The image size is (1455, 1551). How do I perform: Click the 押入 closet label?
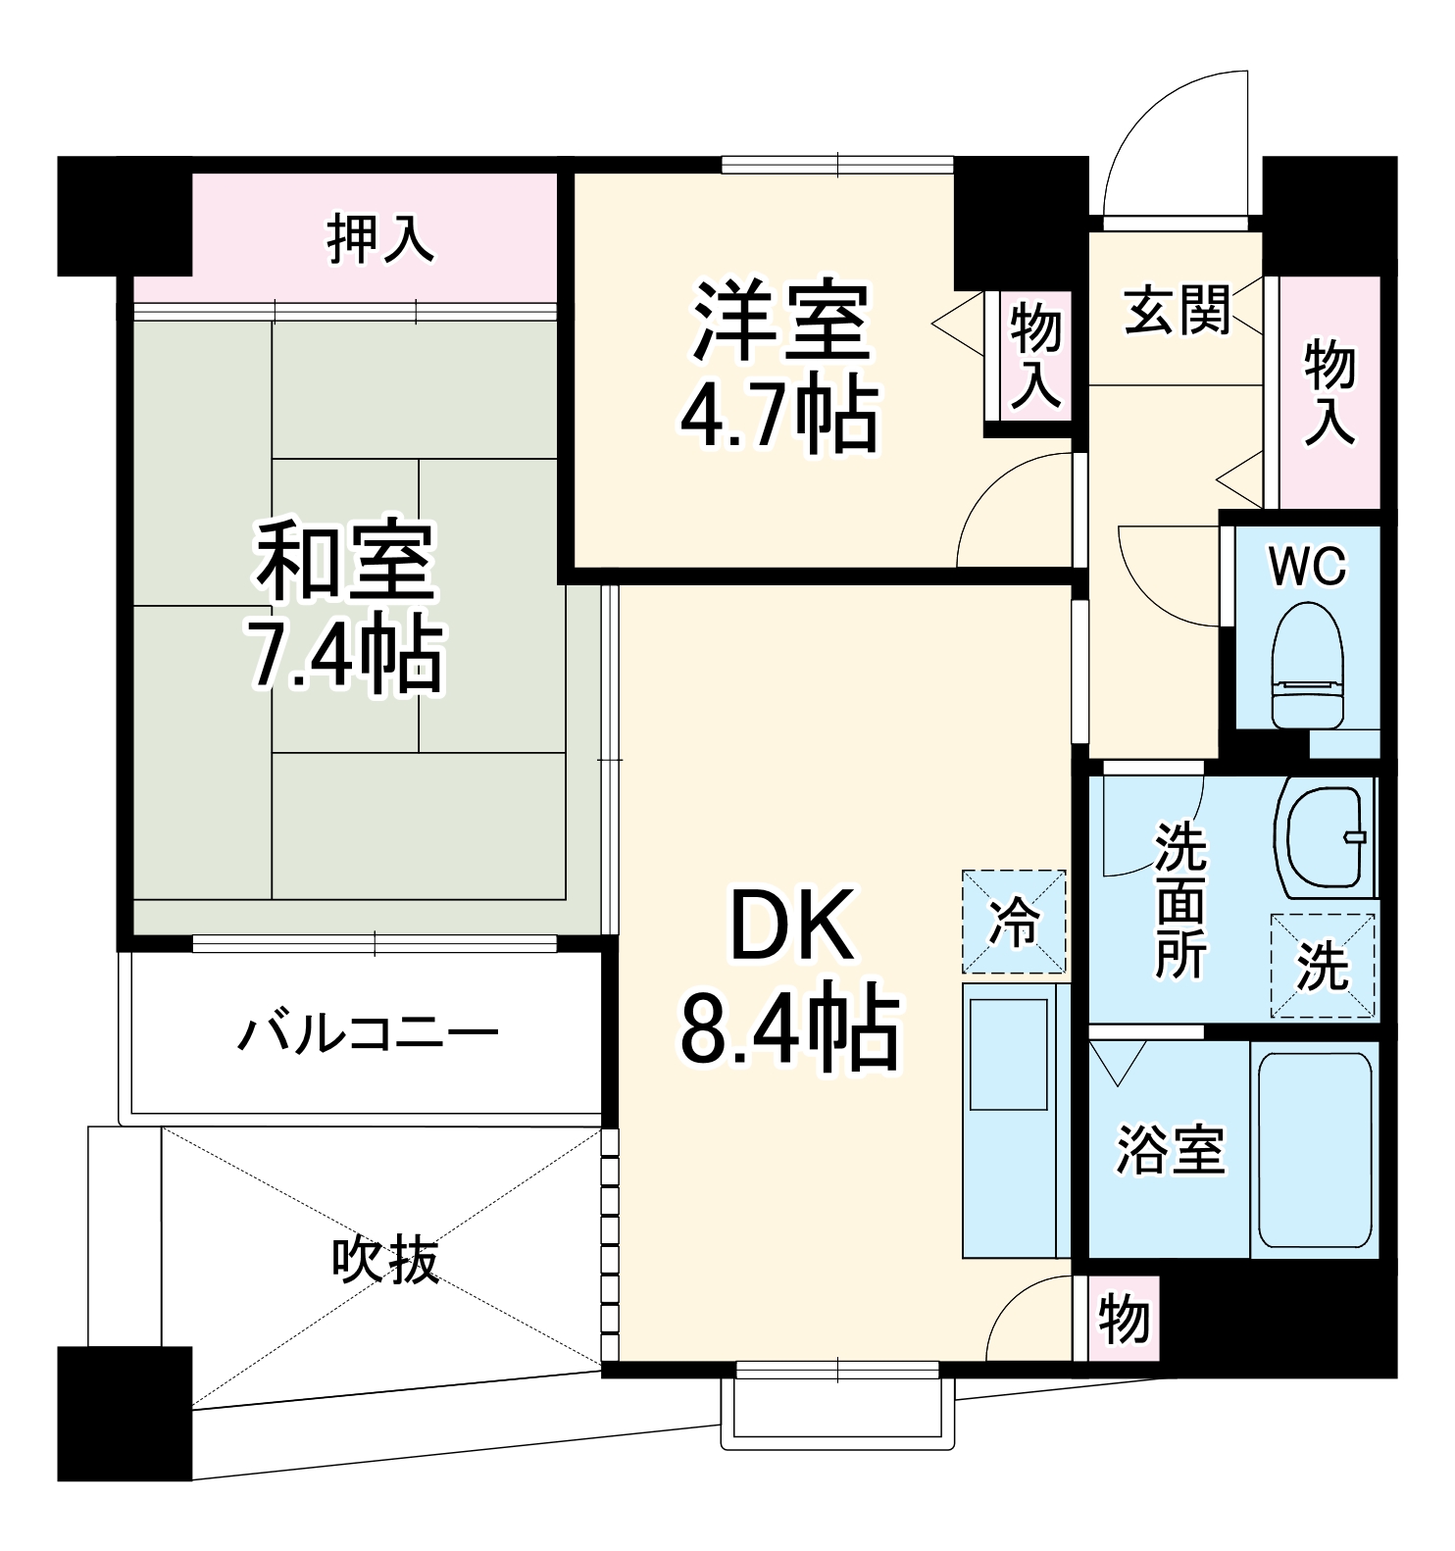tap(379, 239)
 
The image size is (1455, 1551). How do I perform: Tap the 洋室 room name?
tap(781, 322)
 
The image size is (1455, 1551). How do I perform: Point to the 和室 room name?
tap(345, 562)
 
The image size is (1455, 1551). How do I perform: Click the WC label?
tap(1308, 567)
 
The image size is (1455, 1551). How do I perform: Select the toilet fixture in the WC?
tap(1307, 664)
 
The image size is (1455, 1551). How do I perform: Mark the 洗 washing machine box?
tap(1323, 967)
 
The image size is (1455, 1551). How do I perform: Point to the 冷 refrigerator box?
tap(1014, 921)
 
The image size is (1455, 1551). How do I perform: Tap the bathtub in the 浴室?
tap(1314, 1149)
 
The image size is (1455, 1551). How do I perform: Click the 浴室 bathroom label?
tap(1171, 1151)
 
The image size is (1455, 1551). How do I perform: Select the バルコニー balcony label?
tap(369, 1033)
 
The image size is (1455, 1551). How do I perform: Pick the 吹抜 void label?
tap(384, 1260)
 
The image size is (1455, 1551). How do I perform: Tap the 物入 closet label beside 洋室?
tap(1035, 355)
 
